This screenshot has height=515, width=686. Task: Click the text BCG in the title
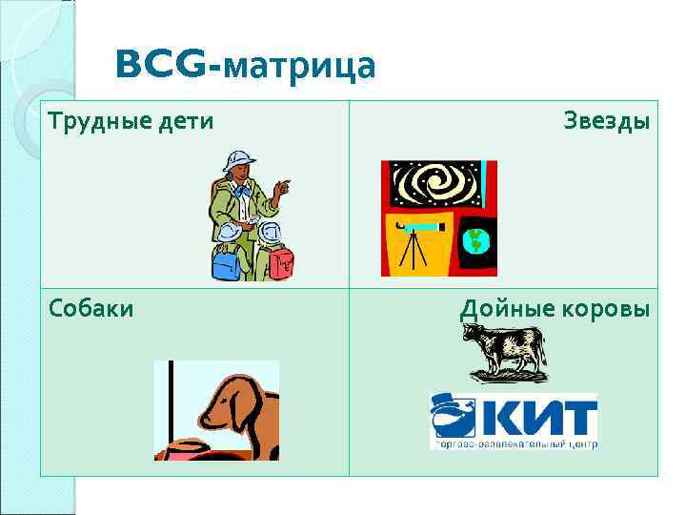(158, 65)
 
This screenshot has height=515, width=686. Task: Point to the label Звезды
(606, 121)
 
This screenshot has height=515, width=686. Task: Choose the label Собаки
(91, 309)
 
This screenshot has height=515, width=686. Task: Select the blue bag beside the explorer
(228, 259)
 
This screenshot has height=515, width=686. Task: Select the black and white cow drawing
(504, 350)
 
